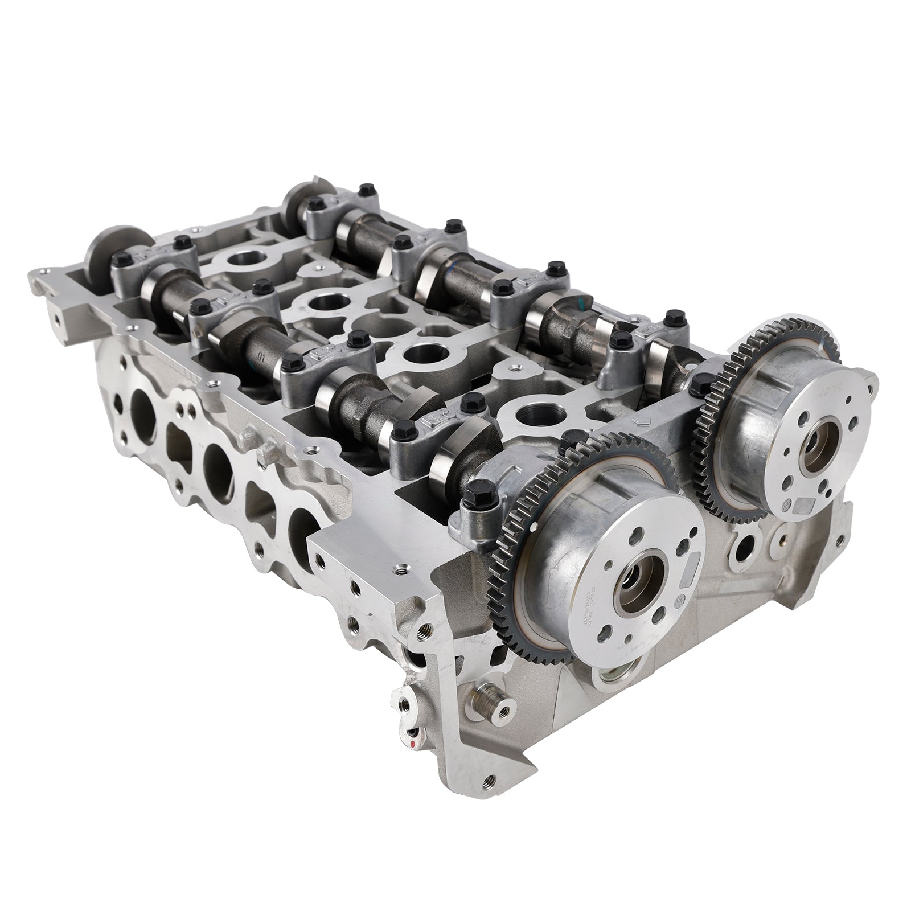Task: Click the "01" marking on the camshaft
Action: pos(261,359)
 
